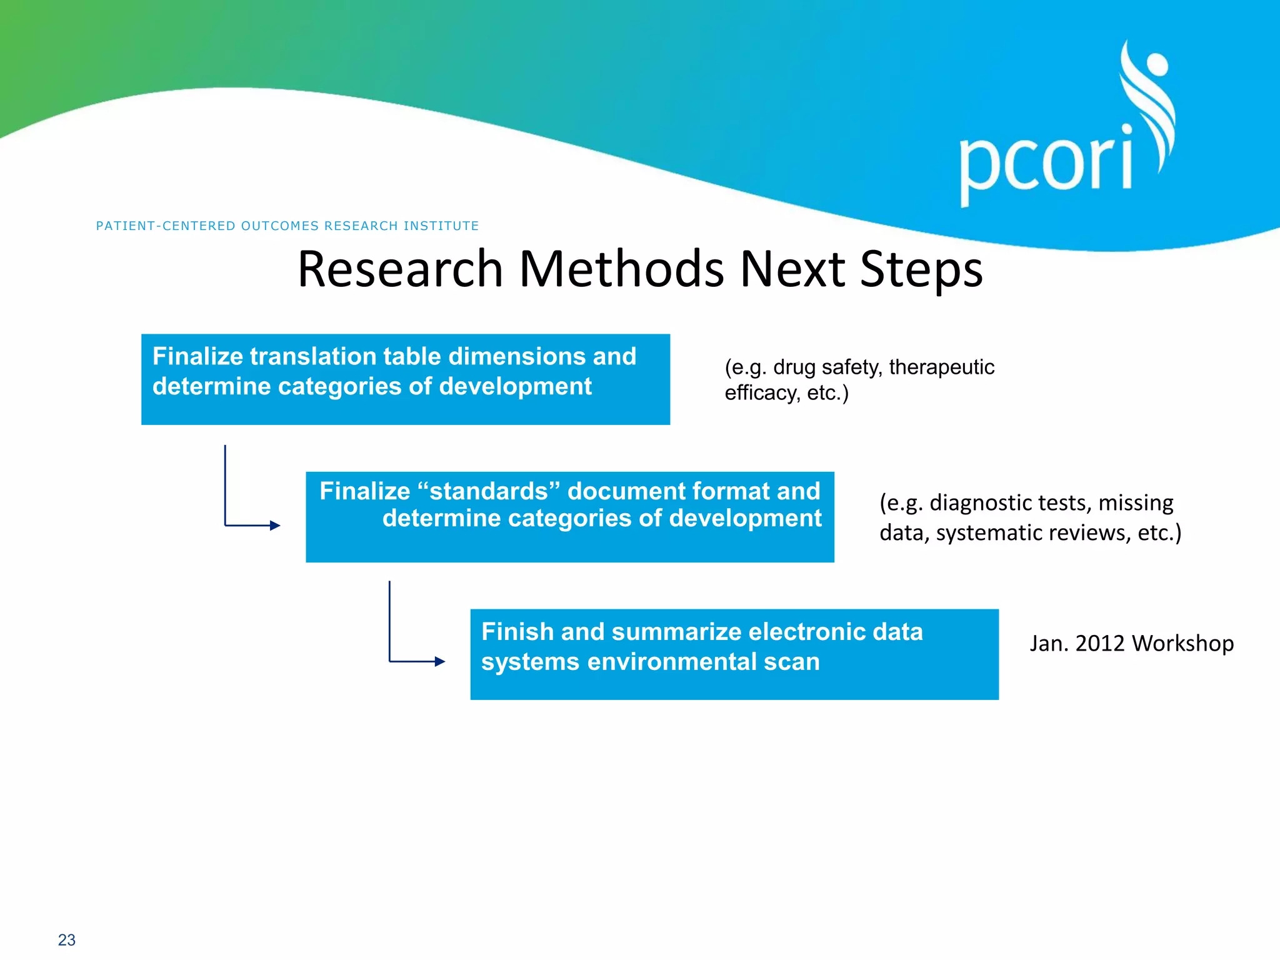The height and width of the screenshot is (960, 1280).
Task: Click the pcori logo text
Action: (1046, 164)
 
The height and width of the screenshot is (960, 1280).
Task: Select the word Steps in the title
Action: (921, 270)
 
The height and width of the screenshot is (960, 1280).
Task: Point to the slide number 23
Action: (66, 940)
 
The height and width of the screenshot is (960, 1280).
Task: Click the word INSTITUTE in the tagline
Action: (441, 226)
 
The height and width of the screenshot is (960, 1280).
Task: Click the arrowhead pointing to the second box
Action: (275, 526)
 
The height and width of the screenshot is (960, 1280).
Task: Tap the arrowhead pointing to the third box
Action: (440, 661)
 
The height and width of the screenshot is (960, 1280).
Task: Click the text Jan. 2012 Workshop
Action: (1131, 643)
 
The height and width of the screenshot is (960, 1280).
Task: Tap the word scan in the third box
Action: (791, 662)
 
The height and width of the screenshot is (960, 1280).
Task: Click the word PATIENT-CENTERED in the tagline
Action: (166, 226)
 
